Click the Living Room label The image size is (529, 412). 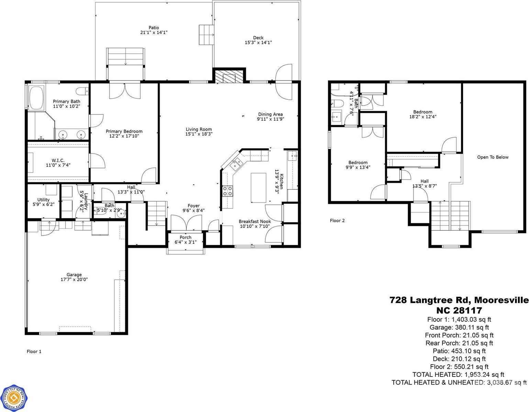pos(199,129)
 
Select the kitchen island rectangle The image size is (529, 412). pos(258,188)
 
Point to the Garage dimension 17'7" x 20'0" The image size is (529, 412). pos(74,280)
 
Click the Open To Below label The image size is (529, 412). pos(493,157)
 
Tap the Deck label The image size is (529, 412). pos(258,38)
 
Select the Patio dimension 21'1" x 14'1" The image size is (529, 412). pos(154,32)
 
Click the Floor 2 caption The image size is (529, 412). pos(337,220)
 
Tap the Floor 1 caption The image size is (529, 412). pos(34,351)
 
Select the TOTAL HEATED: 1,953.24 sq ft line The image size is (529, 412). pos(459,375)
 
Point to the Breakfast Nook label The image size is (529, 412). pos(255,221)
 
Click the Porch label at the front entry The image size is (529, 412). pos(186,237)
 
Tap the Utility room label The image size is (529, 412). pos(43,199)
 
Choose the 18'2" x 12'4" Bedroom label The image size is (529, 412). pos(423,112)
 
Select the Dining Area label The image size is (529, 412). pos(271,114)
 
